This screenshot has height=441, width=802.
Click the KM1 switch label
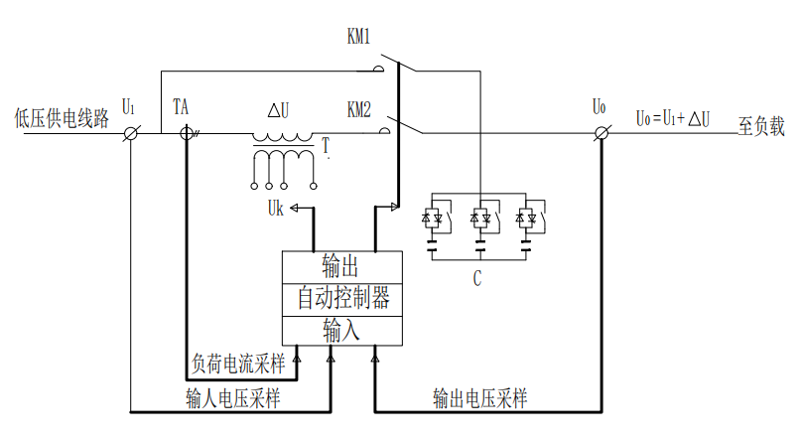pos(358,38)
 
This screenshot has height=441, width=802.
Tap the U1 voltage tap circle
pos(130,133)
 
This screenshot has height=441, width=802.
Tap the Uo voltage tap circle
pos(599,133)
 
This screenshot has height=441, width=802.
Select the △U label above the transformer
pos(280,109)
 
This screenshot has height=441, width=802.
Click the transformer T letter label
pos(325,147)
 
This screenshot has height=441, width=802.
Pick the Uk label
pos(279,210)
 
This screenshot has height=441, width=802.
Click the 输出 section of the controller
pos(340,266)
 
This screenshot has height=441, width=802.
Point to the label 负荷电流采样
pos(237,366)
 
